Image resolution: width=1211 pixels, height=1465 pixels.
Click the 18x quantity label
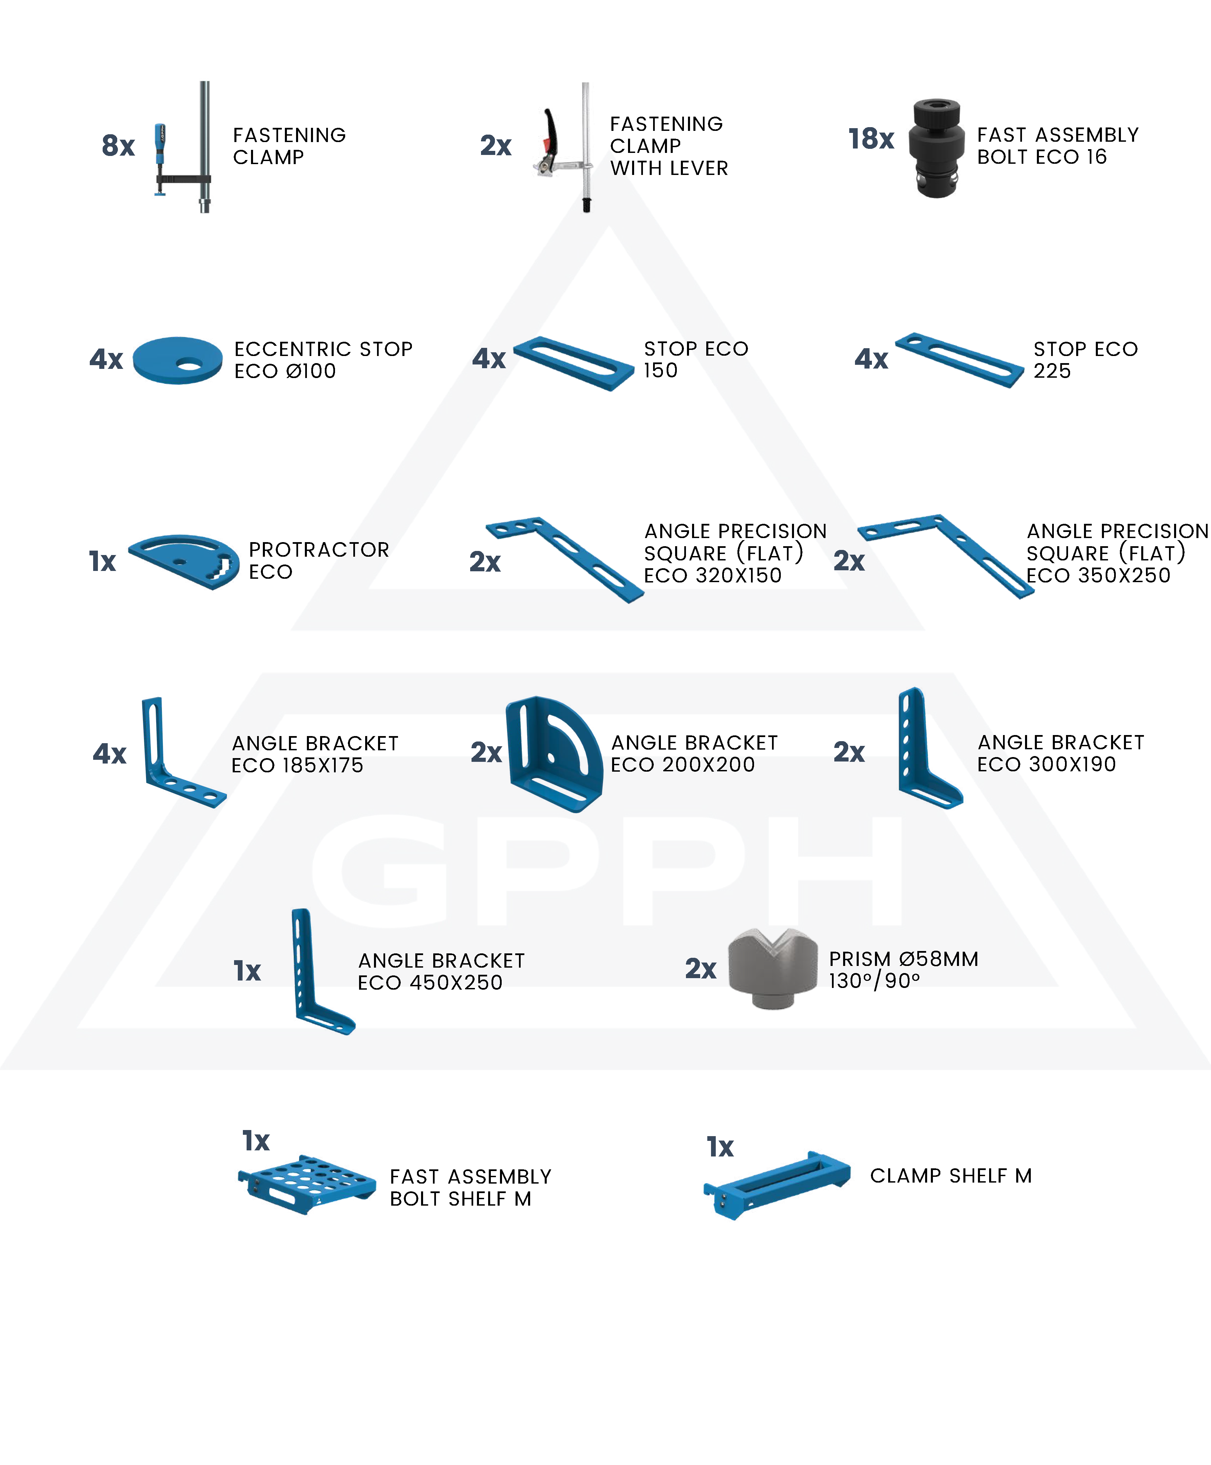(871, 139)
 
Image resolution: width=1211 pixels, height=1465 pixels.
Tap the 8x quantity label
(118, 145)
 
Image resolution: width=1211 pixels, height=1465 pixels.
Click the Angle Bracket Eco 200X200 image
(554, 753)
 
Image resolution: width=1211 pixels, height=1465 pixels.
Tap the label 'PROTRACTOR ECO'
(319, 560)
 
